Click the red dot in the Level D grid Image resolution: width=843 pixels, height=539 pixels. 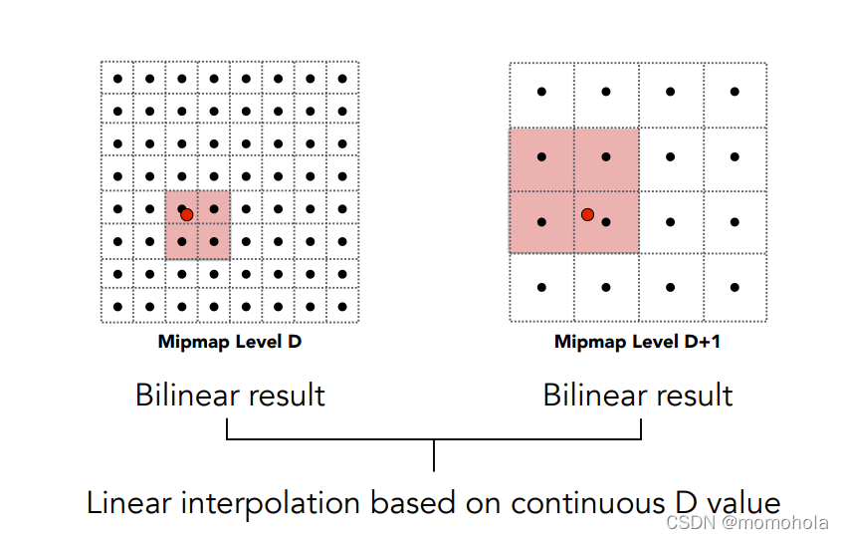[186, 214]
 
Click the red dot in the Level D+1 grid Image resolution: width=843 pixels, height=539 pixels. [587, 214]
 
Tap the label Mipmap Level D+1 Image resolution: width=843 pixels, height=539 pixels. [637, 342]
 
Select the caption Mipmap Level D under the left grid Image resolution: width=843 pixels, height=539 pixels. [230, 342]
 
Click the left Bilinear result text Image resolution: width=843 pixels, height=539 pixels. [230, 396]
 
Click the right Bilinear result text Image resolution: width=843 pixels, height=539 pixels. [638, 396]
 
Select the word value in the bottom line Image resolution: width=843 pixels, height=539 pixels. [742, 503]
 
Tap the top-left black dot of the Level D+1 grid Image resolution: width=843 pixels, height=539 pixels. [541, 92]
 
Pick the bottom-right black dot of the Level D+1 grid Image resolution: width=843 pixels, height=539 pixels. [735, 287]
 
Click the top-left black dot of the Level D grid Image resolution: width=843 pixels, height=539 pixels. [117, 79]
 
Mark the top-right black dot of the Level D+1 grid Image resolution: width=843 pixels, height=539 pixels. [735, 92]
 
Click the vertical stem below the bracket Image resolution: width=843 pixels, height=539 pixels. [434, 455]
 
